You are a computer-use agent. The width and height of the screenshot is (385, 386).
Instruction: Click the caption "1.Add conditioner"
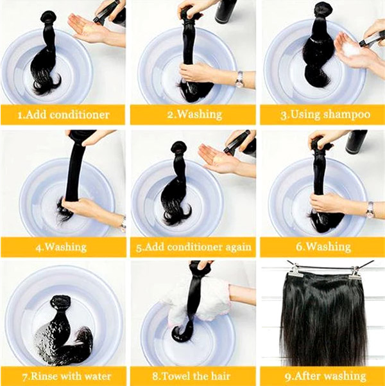(x=64, y=115)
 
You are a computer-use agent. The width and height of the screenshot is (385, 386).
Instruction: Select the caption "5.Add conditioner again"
(x=194, y=247)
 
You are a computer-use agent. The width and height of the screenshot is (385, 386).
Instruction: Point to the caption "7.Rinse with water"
(x=67, y=376)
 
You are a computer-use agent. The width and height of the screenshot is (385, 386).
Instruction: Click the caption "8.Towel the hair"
(x=191, y=376)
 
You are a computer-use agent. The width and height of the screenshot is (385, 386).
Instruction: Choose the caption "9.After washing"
(x=325, y=376)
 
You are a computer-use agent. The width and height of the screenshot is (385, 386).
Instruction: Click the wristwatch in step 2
(x=239, y=79)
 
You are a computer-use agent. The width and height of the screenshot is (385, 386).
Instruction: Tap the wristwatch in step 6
(x=370, y=209)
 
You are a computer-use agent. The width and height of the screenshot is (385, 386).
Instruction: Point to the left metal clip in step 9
(x=294, y=270)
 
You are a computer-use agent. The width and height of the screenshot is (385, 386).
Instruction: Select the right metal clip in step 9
(x=355, y=272)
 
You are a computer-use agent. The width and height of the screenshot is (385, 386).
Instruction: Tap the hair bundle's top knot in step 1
(x=49, y=17)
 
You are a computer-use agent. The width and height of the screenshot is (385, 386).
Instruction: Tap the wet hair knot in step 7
(x=60, y=303)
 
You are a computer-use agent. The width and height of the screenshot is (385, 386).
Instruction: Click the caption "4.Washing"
(x=61, y=247)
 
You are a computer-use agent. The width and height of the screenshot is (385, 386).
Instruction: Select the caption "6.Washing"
(x=323, y=247)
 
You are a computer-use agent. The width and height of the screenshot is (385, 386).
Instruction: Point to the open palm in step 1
(x=86, y=27)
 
